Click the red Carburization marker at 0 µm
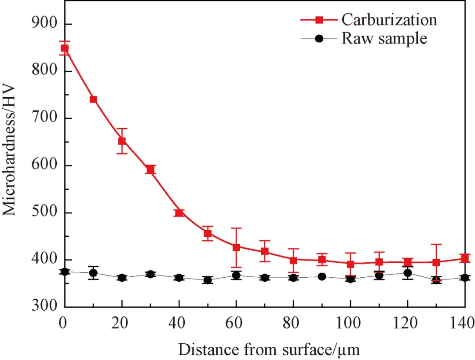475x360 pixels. (x=65, y=48)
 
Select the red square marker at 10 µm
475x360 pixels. (x=93, y=99)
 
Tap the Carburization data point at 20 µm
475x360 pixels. (x=122, y=141)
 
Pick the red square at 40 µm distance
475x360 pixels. (x=179, y=213)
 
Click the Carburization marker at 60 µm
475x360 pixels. (x=236, y=247)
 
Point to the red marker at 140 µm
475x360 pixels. (x=465, y=258)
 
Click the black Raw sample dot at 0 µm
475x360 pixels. (x=65, y=272)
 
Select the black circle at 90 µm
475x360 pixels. (x=322, y=277)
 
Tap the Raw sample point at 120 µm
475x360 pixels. (x=408, y=273)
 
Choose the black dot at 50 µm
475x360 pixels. (x=208, y=280)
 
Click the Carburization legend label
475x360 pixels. (x=389, y=20)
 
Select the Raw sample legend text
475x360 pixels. (x=384, y=38)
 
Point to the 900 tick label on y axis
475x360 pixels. (x=45, y=24)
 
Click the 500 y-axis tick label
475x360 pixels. (x=45, y=213)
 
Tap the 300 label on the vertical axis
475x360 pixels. (x=45, y=307)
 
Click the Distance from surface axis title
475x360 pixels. (x=269, y=349)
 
